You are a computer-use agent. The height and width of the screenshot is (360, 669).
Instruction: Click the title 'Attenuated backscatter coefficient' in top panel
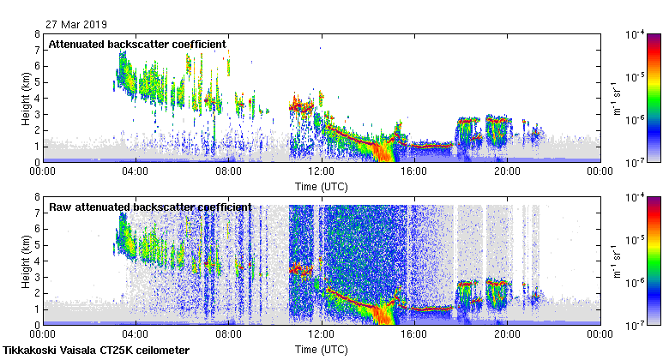(137, 44)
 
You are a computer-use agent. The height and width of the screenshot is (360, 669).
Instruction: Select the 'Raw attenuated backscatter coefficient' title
(150, 207)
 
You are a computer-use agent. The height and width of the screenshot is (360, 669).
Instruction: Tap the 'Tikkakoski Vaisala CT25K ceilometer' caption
(96, 351)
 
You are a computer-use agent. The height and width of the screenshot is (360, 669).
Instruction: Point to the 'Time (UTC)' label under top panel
(322, 185)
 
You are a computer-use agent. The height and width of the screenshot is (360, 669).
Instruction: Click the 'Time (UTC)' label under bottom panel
(322, 349)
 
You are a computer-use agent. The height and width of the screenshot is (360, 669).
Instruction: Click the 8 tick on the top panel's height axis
(37, 34)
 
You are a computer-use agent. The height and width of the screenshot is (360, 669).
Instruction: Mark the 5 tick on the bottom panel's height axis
(37, 245)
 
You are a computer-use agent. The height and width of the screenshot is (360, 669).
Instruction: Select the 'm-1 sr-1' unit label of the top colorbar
(615, 98)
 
